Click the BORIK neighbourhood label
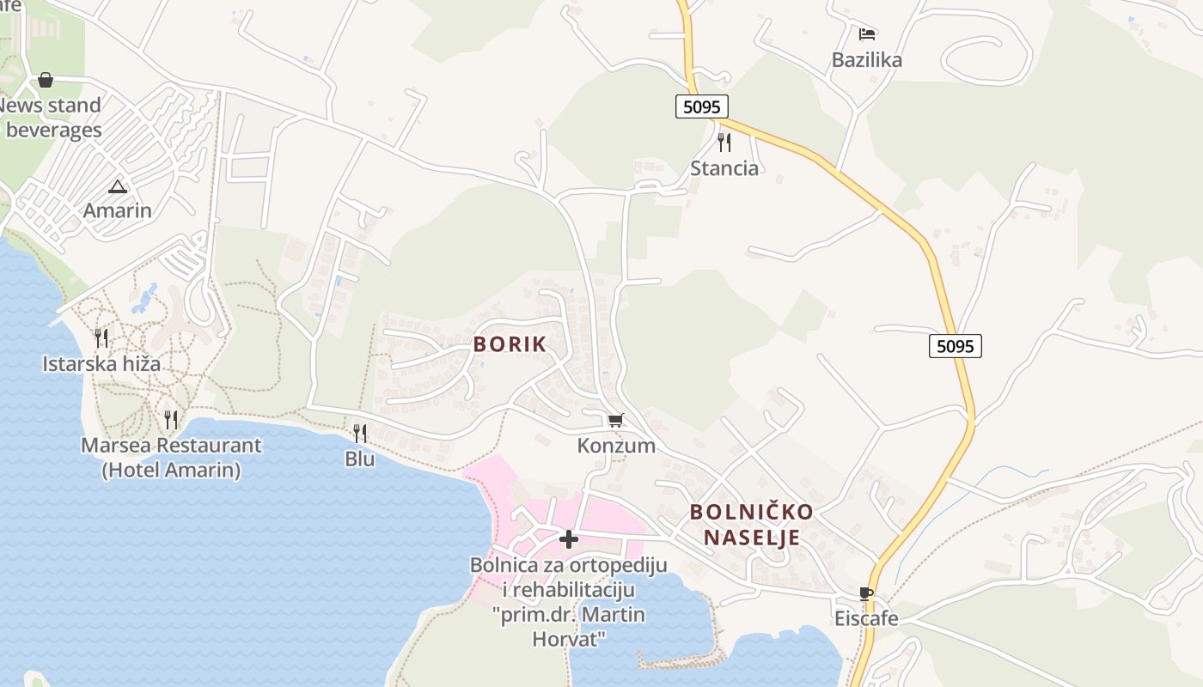(x=510, y=344)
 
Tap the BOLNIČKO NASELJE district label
(x=751, y=525)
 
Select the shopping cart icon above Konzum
(x=615, y=420)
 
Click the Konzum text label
(x=616, y=446)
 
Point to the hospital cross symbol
(x=568, y=539)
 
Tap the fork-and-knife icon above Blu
(x=360, y=434)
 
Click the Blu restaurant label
(x=360, y=459)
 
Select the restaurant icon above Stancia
(x=724, y=142)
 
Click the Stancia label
(x=724, y=167)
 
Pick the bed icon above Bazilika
(x=867, y=34)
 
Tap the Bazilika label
(x=867, y=60)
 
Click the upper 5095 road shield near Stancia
(x=702, y=106)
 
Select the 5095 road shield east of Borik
(x=955, y=346)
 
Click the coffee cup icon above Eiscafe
(x=866, y=593)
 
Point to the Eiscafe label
(x=866, y=618)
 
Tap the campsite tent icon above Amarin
(x=117, y=185)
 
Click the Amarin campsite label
(x=117, y=210)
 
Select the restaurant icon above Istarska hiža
(x=101, y=337)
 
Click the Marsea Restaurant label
(x=171, y=446)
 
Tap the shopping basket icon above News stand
(x=46, y=80)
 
